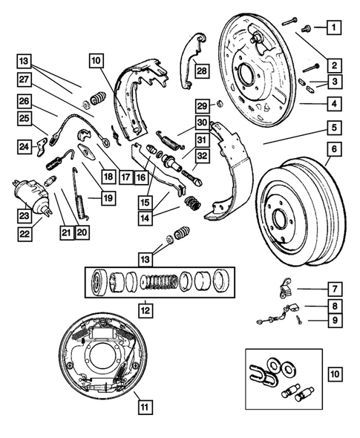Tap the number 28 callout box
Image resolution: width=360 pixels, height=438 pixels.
pos(202,71)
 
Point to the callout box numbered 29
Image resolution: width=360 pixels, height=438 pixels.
pos(201,105)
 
